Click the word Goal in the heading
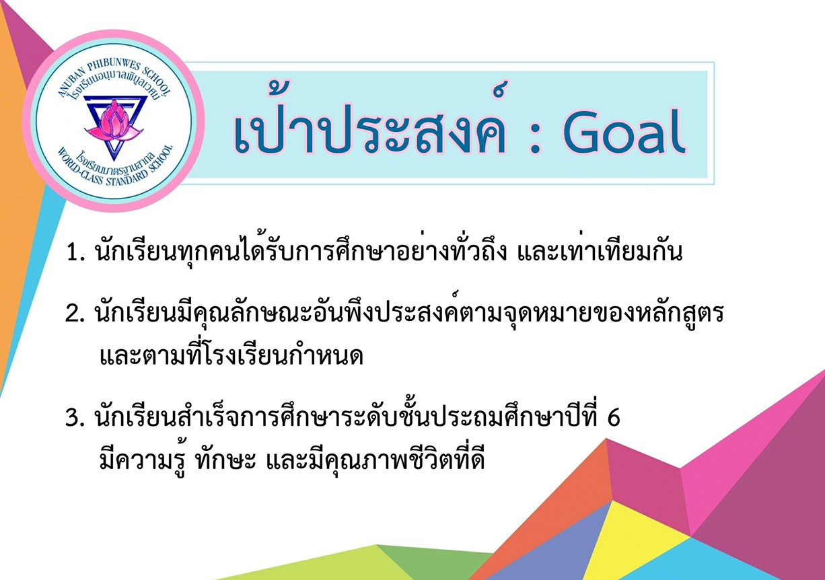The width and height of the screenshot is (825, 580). click(624, 131)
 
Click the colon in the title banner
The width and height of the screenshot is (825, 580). click(535, 136)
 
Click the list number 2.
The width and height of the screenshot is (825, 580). click(75, 314)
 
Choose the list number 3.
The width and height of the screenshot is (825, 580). click(75, 418)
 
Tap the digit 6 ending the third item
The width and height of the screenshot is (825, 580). click(614, 418)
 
